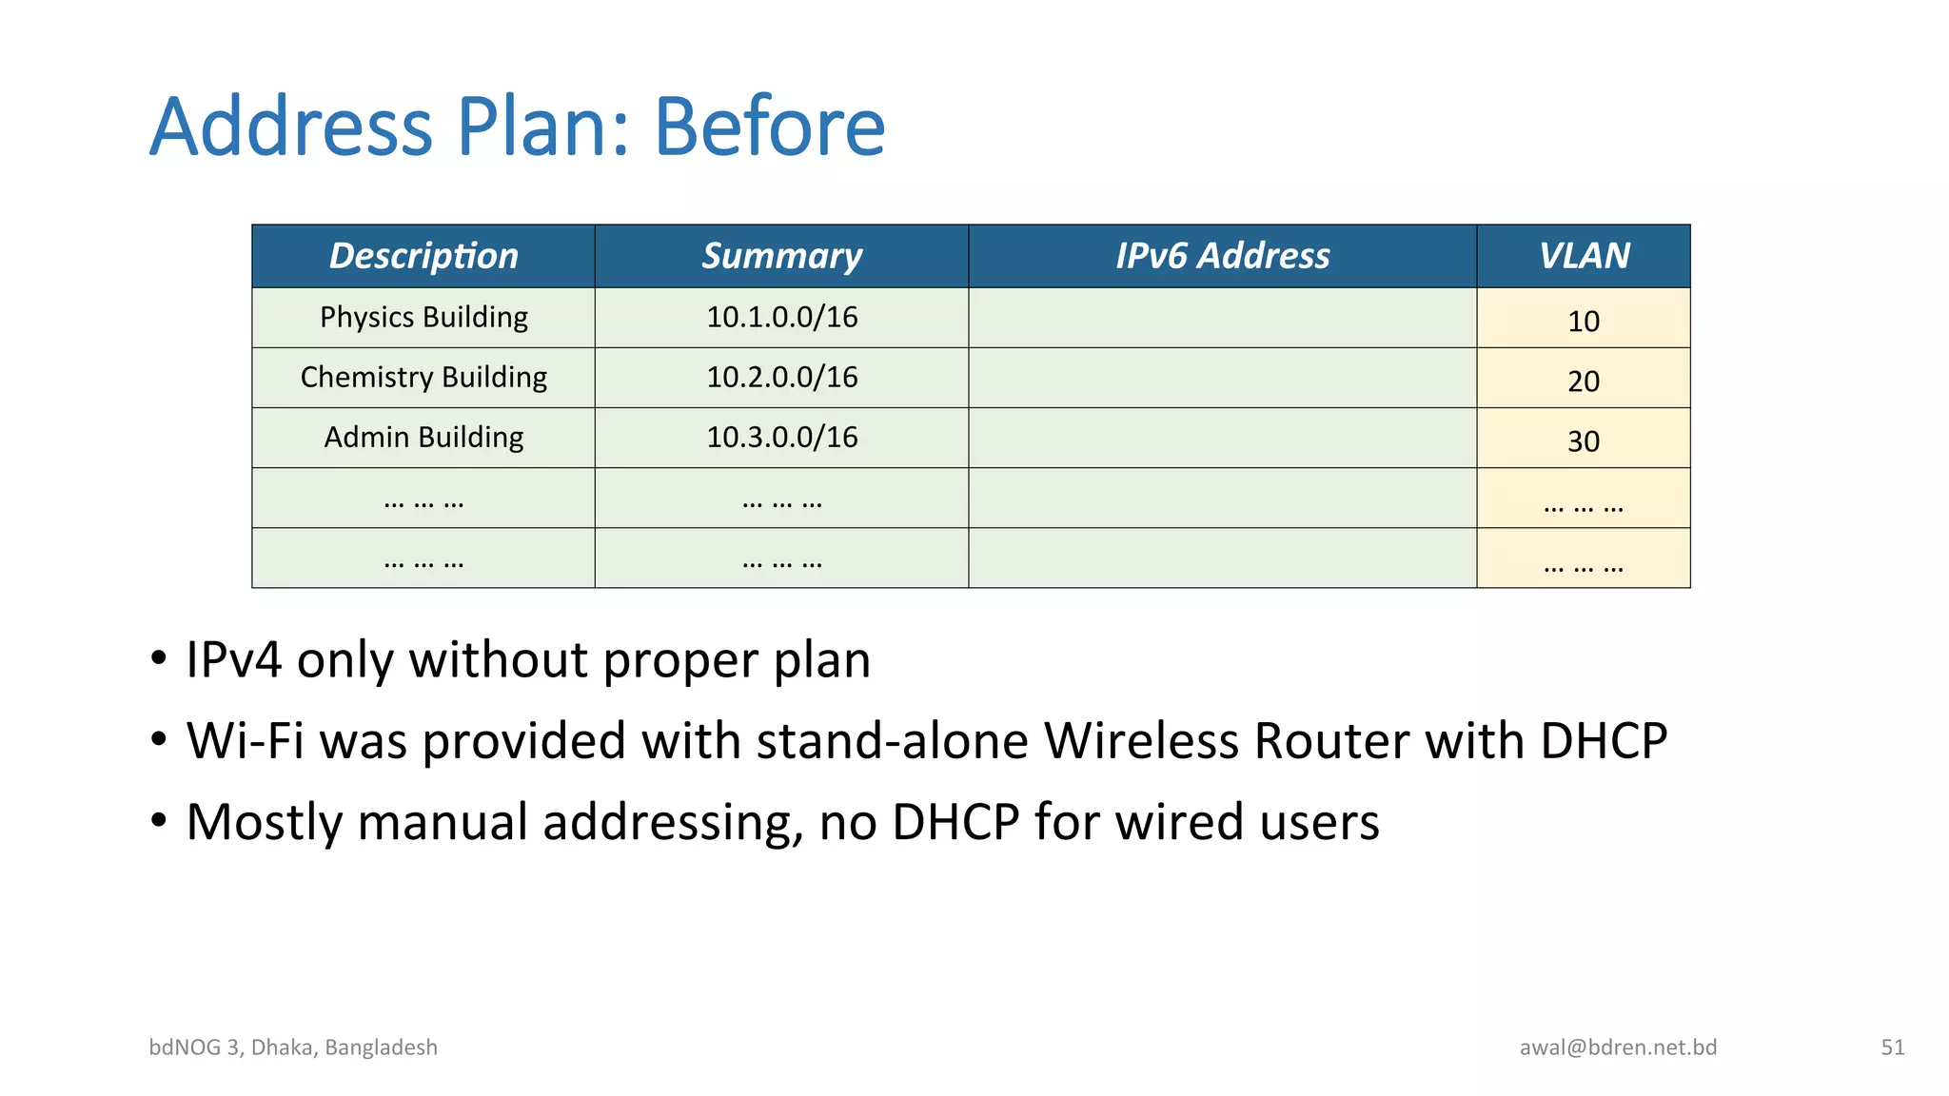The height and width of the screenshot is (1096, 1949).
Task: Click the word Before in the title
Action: pyautogui.click(x=769, y=127)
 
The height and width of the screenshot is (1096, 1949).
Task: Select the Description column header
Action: pyautogui.click(x=423, y=256)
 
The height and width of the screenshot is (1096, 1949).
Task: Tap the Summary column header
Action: pyautogui.click(x=781, y=256)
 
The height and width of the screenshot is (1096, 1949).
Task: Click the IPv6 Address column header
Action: pyautogui.click(x=1222, y=256)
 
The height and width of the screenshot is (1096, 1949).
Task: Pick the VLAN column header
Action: pyautogui.click(x=1584, y=256)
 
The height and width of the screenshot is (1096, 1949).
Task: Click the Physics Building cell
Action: pyautogui.click(x=423, y=317)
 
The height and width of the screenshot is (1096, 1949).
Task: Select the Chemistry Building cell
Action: pyautogui.click(x=423, y=377)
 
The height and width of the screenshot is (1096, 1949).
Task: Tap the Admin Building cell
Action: pyautogui.click(x=423, y=437)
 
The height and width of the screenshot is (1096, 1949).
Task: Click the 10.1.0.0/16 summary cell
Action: pyautogui.click(x=781, y=317)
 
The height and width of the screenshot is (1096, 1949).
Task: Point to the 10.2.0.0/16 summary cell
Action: pyautogui.click(x=781, y=377)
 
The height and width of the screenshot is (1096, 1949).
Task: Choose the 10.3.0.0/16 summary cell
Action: pyautogui.click(x=781, y=437)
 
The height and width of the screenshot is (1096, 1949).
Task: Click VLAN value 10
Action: pyautogui.click(x=1584, y=322)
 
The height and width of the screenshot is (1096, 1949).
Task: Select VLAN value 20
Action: pyautogui.click(x=1584, y=382)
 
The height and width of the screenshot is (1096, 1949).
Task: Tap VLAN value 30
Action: pyautogui.click(x=1584, y=441)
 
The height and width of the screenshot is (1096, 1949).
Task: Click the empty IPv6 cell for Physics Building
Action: pyautogui.click(x=1222, y=318)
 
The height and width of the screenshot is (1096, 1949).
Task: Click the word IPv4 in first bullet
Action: pyautogui.click(x=234, y=660)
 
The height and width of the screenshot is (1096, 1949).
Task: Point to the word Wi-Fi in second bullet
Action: pyautogui.click(x=246, y=741)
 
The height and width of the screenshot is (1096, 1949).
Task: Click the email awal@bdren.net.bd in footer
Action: pyautogui.click(x=1618, y=1047)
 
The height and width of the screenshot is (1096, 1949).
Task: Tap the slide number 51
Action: pyautogui.click(x=1892, y=1047)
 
